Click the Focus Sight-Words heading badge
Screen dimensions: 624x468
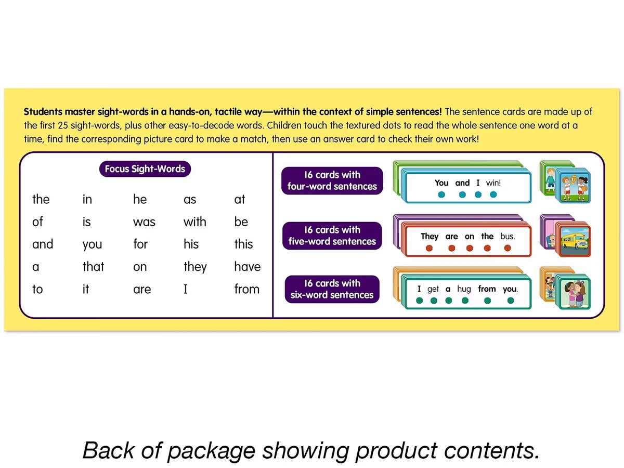(x=145, y=169)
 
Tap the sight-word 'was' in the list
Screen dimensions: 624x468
(x=144, y=222)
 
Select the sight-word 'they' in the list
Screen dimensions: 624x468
(x=195, y=267)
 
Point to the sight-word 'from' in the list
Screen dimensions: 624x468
(x=247, y=289)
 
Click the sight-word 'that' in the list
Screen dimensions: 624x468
(x=93, y=267)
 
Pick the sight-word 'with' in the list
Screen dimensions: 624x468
(x=194, y=222)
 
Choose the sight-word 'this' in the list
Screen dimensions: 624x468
(x=243, y=244)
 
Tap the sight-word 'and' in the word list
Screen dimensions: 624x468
(x=43, y=244)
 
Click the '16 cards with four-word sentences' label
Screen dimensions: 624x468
(x=332, y=181)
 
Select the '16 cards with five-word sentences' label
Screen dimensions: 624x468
(x=332, y=236)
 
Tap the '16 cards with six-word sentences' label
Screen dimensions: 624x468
(x=332, y=289)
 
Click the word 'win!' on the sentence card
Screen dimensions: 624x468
(x=493, y=183)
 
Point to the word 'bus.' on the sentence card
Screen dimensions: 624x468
(x=508, y=236)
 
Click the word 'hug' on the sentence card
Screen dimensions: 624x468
(x=464, y=289)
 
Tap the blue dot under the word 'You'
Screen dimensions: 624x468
(x=441, y=194)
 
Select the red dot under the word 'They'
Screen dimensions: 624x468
(x=429, y=248)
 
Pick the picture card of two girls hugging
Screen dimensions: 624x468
(x=574, y=293)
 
